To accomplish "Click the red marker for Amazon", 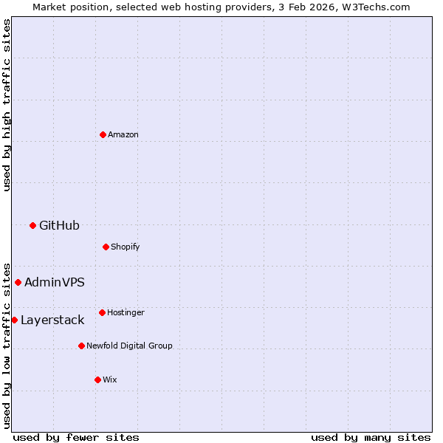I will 103,134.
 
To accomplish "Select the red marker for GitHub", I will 32,225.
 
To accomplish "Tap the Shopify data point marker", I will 106,247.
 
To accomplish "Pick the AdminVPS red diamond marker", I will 18,282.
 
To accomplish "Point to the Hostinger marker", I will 102,312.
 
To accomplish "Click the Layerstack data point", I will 14,320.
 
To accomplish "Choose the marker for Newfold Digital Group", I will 81,346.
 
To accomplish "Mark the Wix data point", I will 97,380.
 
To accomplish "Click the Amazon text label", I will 123,134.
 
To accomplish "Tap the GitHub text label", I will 59,225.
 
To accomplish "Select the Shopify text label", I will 126,247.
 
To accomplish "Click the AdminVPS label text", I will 55,282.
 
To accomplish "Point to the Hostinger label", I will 126,312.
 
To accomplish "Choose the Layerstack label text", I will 52,320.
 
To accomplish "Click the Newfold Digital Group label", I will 129,346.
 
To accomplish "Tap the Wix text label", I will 110,380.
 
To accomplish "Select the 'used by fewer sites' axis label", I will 76,437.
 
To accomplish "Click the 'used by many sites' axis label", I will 371,437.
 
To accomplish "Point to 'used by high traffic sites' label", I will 7,105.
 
